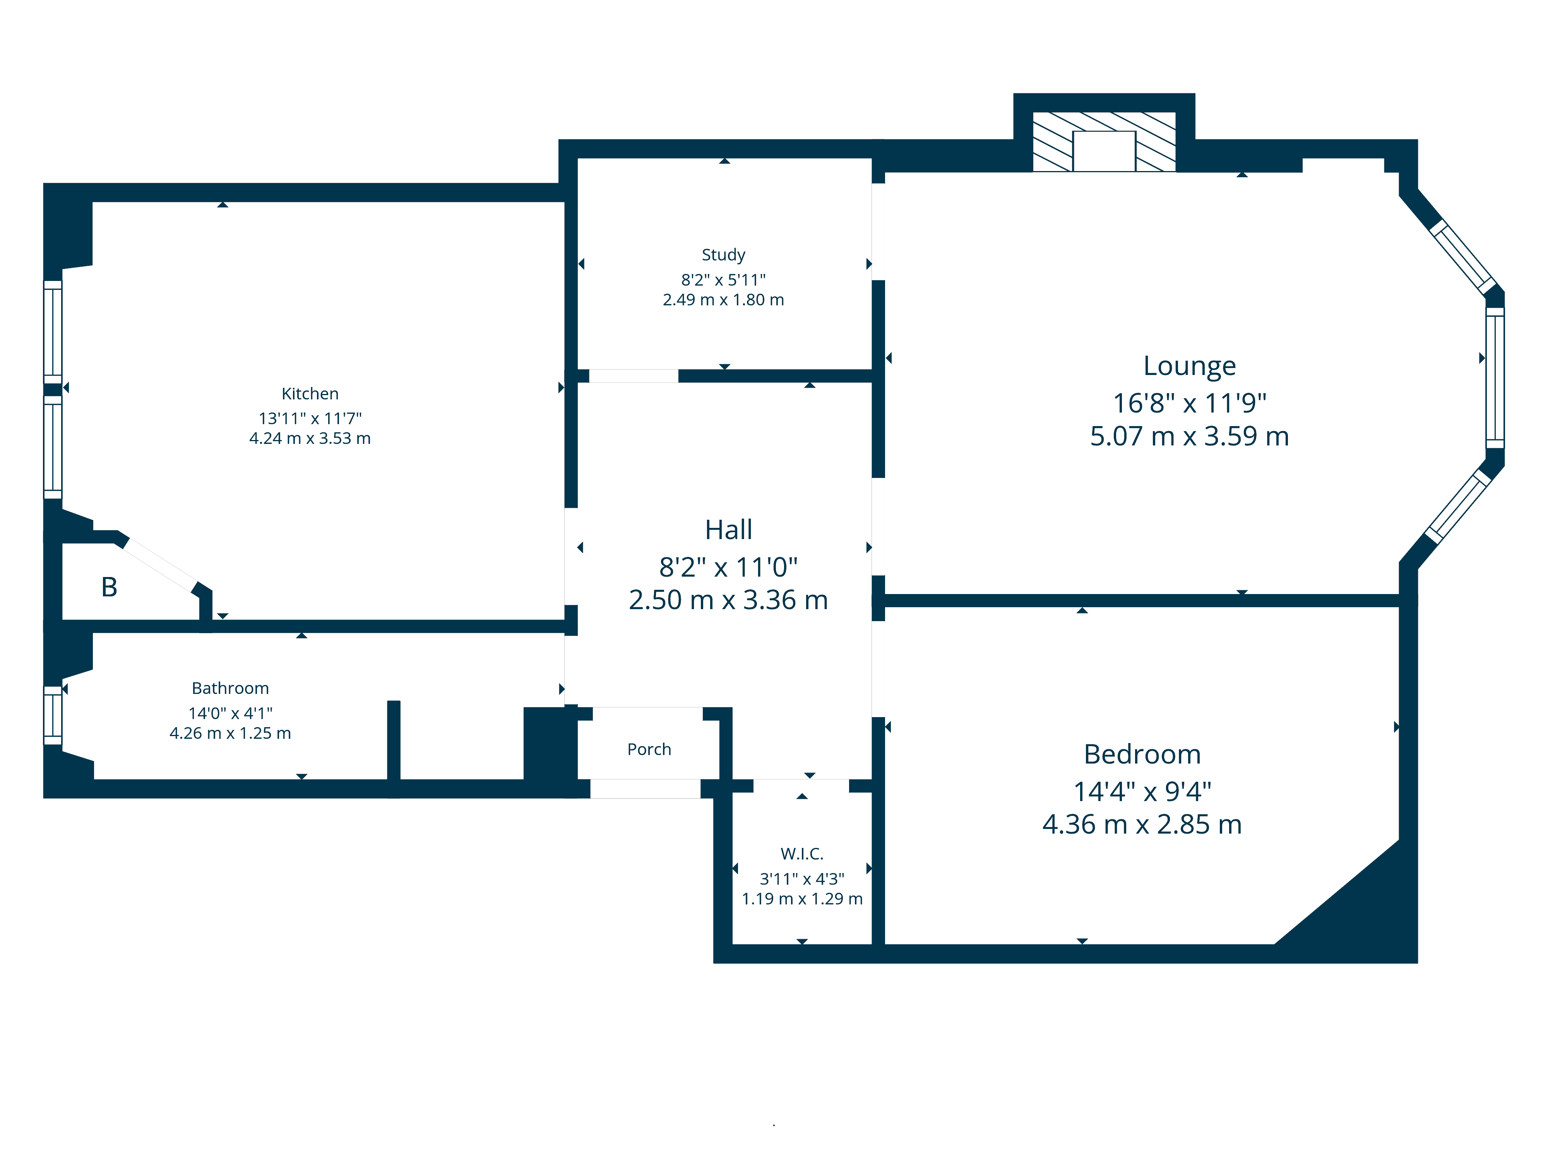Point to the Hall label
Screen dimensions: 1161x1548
pos(728,530)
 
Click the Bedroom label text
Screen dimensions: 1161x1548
pos(1142,754)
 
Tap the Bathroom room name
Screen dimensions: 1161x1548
pos(230,688)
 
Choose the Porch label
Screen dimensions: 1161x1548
pos(649,750)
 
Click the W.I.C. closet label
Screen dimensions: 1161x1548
pos(801,854)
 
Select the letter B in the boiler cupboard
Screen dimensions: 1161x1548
pos(109,587)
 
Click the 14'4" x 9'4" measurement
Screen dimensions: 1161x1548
pos(1142,791)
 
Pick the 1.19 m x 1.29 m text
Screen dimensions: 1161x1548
pos(801,899)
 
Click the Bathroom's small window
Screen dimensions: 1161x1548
pos(53,715)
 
